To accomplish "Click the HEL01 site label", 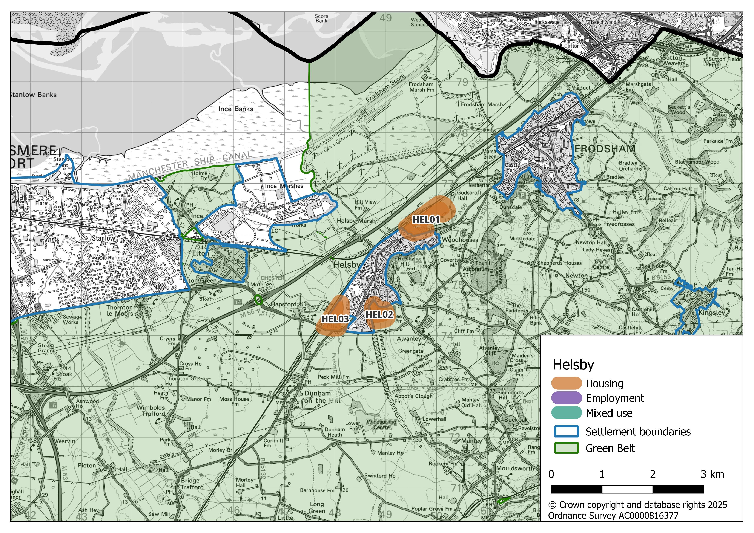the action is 426,220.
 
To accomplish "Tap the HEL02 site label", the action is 379,314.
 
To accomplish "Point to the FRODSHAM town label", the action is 605,149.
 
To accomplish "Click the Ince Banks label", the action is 236,109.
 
